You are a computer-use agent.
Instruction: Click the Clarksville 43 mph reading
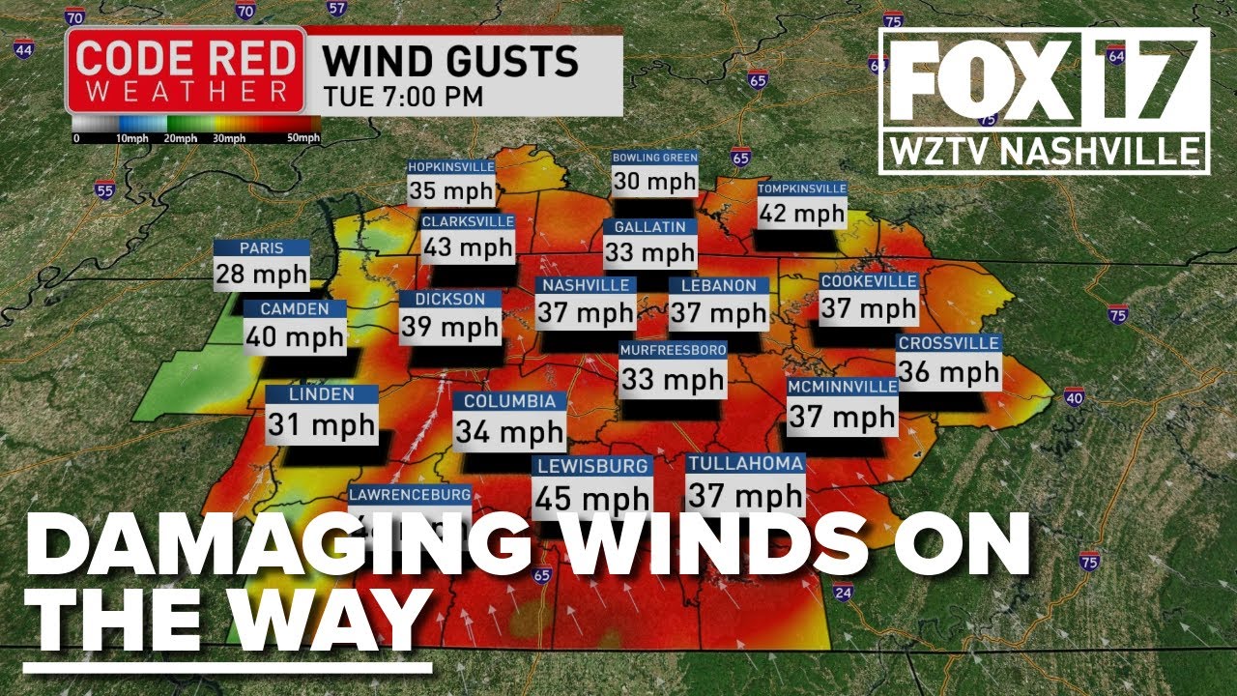click(x=468, y=246)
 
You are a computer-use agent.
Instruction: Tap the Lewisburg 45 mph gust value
click(x=592, y=499)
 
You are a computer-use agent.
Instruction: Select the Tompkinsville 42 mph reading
click(x=801, y=213)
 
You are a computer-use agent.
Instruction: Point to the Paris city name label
click(x=262, y=248)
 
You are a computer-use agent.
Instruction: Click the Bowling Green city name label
click(x=654, y=158)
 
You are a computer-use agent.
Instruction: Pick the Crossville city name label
click(x=949, y=343)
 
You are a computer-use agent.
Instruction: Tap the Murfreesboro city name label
click(x=673, y=349)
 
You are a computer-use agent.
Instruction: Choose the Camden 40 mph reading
click(x=294, y=336)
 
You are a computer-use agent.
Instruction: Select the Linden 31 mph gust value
click(x=321, y=424)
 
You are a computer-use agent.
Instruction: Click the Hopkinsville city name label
click(x=451, y=166)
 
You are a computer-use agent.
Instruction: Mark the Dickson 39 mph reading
click(x=450, y=327)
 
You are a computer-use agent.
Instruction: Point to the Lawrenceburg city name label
click(x=410, y=494)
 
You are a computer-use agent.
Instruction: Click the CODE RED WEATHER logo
click(x=185, y=71)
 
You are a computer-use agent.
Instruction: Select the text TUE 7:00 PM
click(x=404, y=97)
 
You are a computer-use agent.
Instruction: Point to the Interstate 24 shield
click(x=843, y=592)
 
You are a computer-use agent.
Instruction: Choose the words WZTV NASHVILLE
click(x=1044, y=153)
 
